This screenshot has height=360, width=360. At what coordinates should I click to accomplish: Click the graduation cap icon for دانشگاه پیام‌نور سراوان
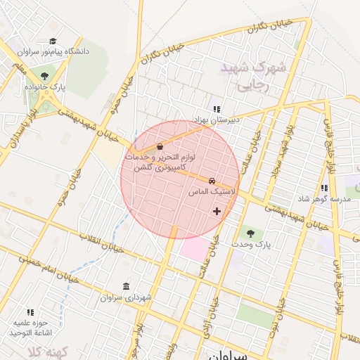click(53, 41)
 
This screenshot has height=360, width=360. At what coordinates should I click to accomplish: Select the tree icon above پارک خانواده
click(45, 75)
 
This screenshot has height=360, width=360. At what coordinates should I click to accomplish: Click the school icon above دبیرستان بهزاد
click(217, 109)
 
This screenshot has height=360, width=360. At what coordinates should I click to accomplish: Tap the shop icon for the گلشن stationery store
click(160, 146)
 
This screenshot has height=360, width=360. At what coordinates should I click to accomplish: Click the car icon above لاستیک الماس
click(212, 179)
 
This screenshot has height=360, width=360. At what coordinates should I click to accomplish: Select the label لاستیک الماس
click(212, 191)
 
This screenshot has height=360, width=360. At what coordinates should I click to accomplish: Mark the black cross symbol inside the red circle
click(216, 211)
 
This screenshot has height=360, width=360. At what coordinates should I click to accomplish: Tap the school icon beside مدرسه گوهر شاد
click(324, 188)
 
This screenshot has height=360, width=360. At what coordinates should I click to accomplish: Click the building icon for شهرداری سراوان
click(126, 286)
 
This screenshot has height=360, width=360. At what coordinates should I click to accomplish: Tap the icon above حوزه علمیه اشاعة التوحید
click(30, 311)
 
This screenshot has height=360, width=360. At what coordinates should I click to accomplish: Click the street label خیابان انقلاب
click(101, 243)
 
